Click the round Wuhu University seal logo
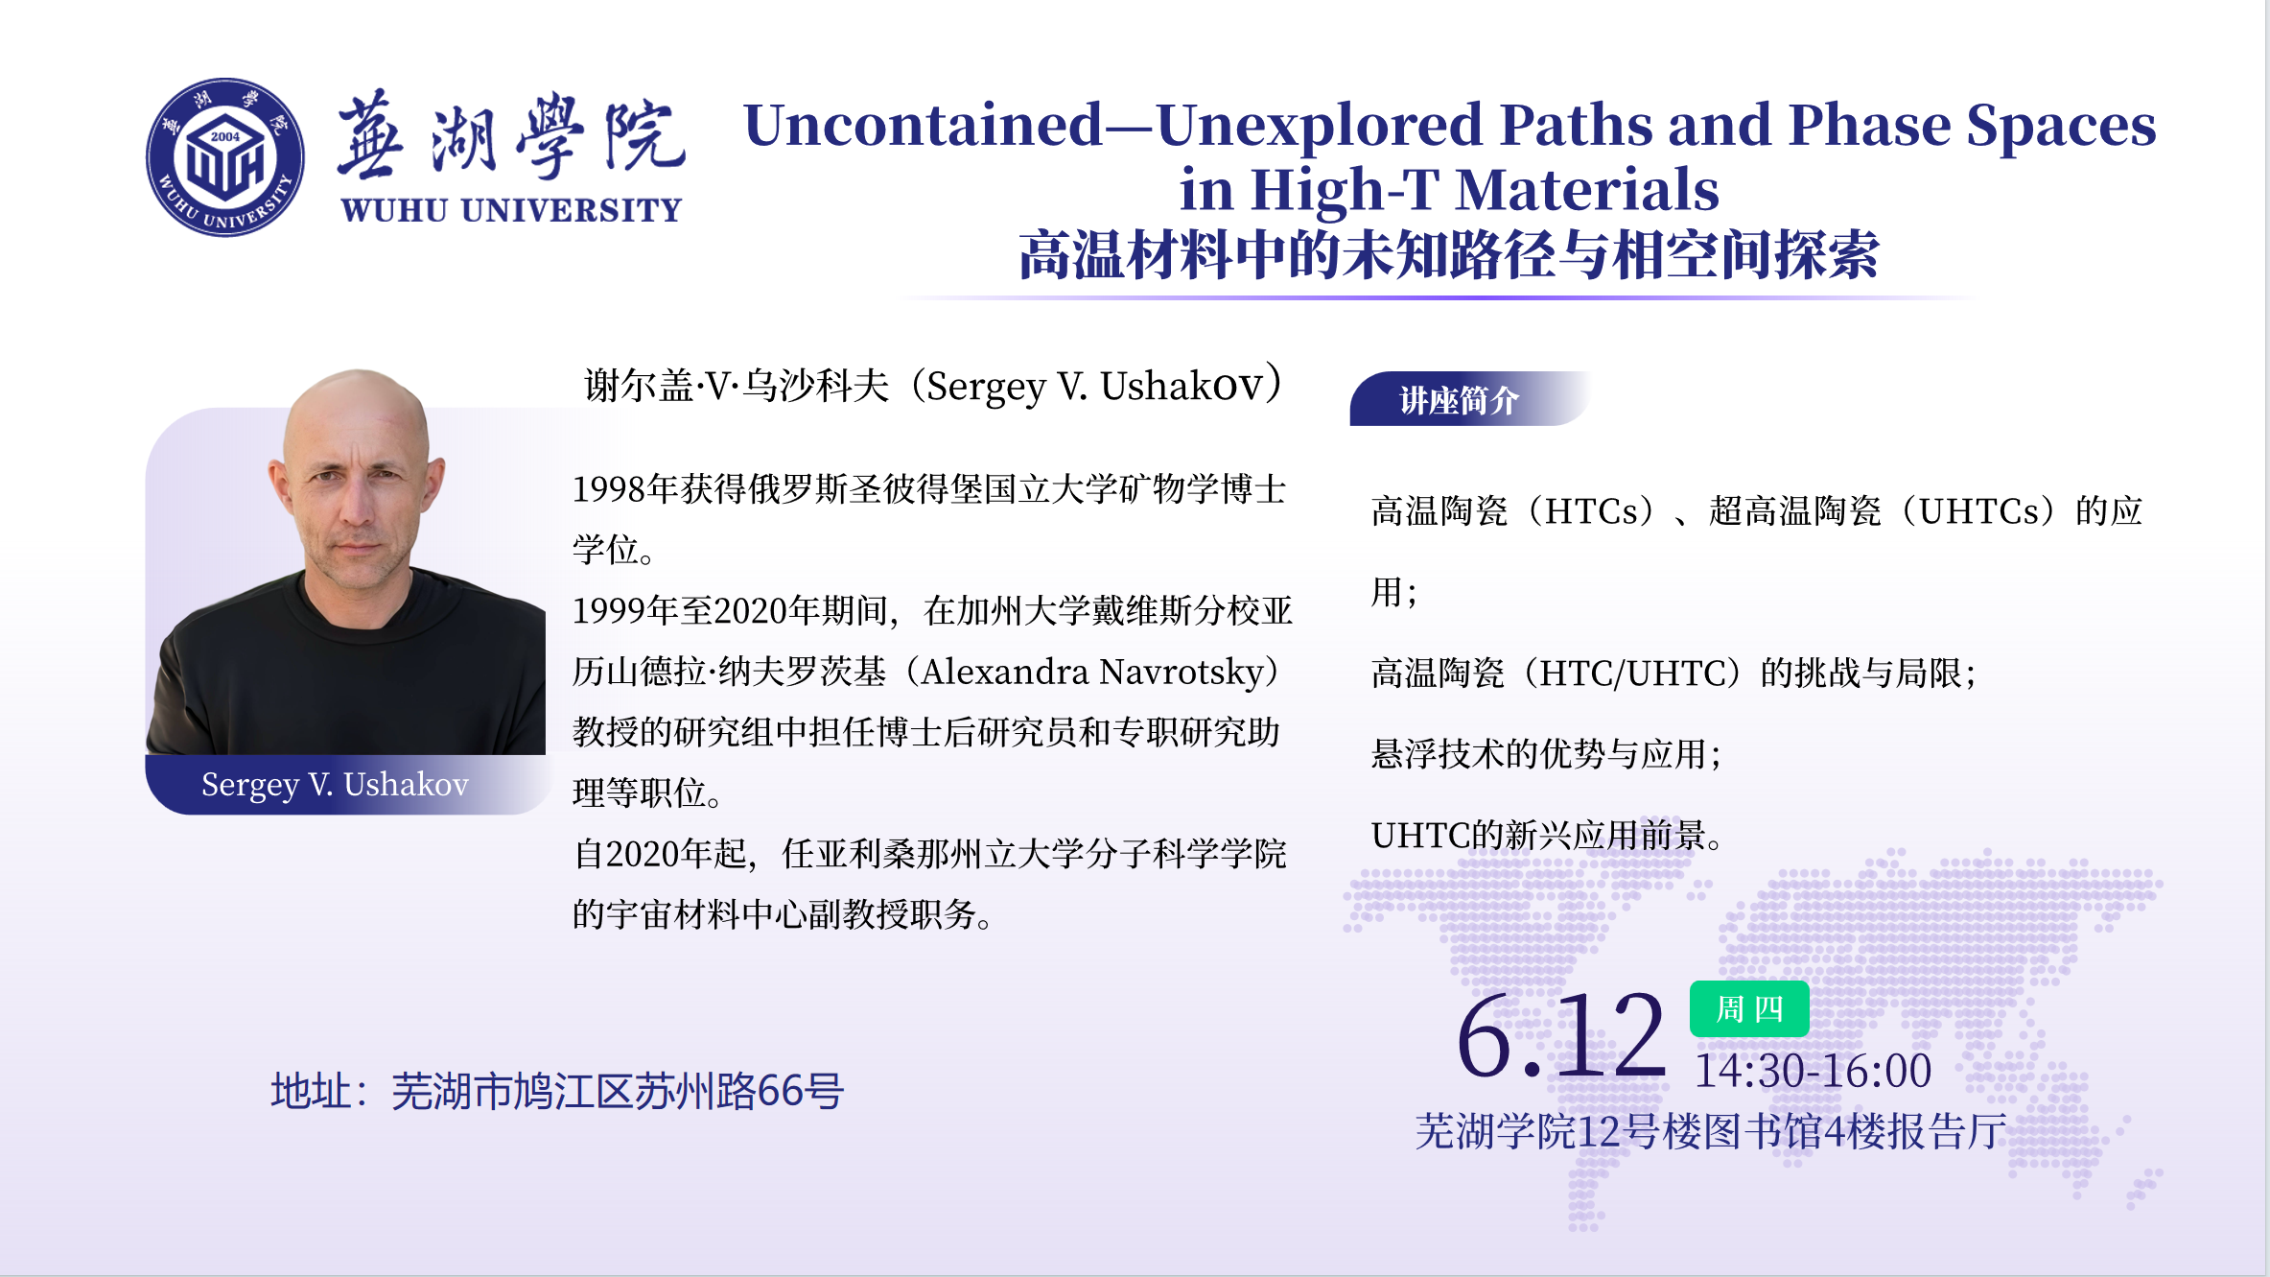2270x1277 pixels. click(x=225, y=157)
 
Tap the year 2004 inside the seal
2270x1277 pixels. click(x=225, y=136)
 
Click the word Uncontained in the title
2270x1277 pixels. click(x=924, y=125)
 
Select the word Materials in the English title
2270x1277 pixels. click(x=1587, y=189)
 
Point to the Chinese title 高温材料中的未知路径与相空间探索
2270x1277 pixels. click(x=1448, y=254)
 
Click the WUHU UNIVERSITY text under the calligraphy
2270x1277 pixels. click(x=511, y=210)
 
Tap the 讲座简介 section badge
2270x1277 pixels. click(x=1460, y=399)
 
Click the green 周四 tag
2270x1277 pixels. click(x=1749, y=1008)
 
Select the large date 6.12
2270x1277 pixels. click(x=1561, y=1036)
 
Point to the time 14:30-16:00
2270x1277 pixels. click(x=1813, y=1071)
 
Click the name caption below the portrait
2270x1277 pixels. click(x=335, y=785)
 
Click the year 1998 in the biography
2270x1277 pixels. click(x=609, y=489)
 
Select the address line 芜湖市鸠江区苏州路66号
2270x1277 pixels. click(x=618, y=1091)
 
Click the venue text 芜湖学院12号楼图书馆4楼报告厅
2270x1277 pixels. click(x=1711, y=1131)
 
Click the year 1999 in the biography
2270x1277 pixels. click(x=609, y=611)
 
